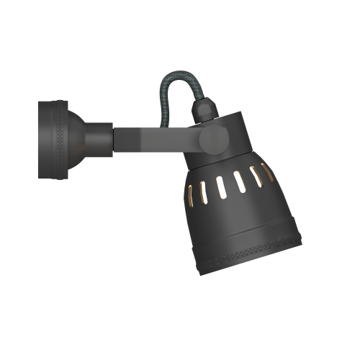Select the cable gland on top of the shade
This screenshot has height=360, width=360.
click(x=205, y=110)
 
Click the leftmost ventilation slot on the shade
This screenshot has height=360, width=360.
click(x=190, y=196)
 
